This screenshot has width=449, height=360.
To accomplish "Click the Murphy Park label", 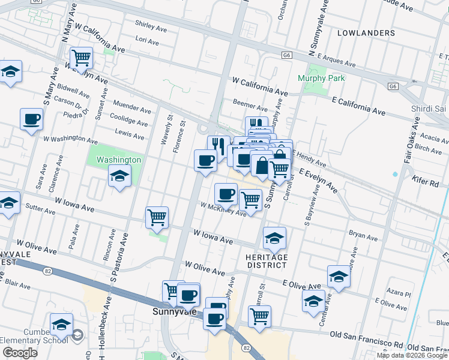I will [x=313, y=78].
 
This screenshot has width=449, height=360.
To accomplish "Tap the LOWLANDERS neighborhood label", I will [x=366, y=32].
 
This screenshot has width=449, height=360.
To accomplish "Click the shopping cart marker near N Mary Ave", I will [x=81, y=58].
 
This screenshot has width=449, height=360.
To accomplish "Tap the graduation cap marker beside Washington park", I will [x=119, y=176].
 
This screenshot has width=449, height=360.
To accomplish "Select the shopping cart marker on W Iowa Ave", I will [x=157, y=217].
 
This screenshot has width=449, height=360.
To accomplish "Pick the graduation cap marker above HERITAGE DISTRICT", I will [x=274, y=238].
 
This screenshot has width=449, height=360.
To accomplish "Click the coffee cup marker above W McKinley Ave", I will [x=226, y=193].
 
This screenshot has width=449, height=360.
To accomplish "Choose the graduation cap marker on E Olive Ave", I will [x=339, y=277].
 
